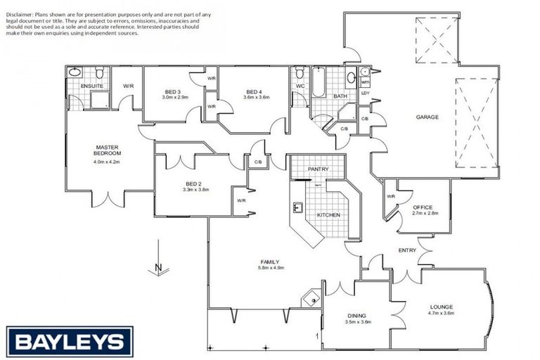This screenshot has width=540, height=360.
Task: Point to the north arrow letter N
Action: point(159,267)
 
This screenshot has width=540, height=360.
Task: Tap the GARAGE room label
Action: point(427,117)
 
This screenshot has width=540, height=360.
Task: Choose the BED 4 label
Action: point(255,91)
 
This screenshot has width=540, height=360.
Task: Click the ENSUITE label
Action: point(92,86)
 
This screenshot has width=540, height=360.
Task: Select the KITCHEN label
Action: point(328,214)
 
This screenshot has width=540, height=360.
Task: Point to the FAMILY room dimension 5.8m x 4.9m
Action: point(272,268)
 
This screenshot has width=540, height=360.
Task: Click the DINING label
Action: point(358,315)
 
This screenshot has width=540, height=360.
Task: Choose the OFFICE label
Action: point(423,207)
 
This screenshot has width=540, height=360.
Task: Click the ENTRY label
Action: point(407,250)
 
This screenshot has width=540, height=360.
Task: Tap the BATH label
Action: point(340,96)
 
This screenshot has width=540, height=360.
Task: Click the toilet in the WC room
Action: point(300,72)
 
